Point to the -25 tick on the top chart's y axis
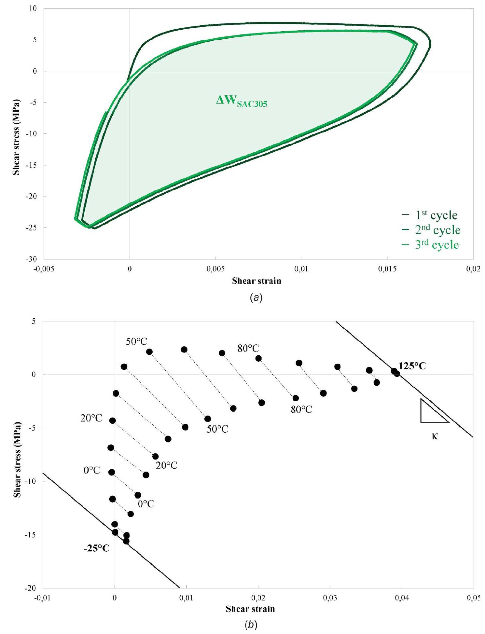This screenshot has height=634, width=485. [33, 227]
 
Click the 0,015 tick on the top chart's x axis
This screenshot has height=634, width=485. [387, 269]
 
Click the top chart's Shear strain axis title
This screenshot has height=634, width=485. [256, 281]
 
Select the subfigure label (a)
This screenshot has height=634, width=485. [255, 297]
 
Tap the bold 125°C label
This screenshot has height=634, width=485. [412, 366]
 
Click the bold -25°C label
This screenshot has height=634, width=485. [96, 548]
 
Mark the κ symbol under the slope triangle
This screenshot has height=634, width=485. [435, 436]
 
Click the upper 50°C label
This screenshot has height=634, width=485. [137, 342]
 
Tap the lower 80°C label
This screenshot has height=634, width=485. [301, 409]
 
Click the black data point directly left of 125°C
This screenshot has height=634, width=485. [394, 371]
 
